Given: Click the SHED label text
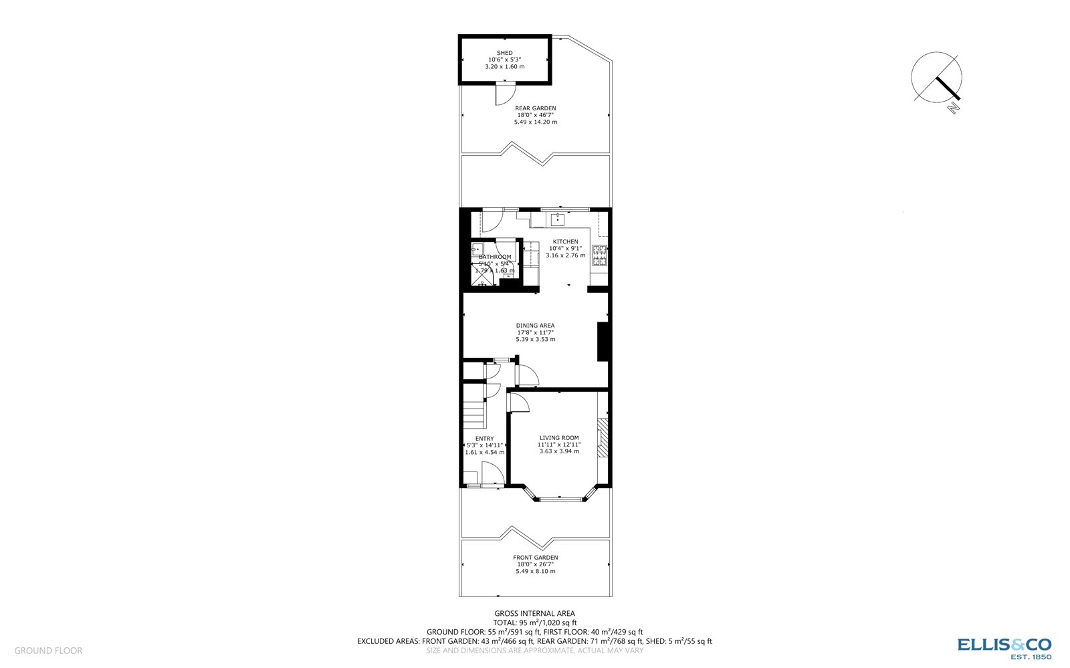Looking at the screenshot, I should (x=504, y=53).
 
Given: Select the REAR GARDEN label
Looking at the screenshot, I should (x=535, y=108).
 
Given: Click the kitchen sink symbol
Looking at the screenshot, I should (x=557, y=220).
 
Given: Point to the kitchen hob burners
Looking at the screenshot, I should (x=599, y=255).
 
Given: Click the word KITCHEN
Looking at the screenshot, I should (x=565, y=241).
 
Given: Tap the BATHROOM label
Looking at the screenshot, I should (x=495, y=257).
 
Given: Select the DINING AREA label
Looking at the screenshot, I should (x=535, y=326).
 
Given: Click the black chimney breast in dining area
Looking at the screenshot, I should (x=603, y=342).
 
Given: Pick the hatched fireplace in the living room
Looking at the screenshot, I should (x=603, y=438).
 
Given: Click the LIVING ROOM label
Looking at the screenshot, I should (x=559, y=438).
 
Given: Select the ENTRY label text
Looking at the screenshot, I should (x=484, y=439).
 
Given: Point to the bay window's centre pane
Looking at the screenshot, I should (x=560, y=498).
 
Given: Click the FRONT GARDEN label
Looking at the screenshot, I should (x=535, y=557).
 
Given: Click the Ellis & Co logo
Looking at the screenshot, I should (x=1004, y=647).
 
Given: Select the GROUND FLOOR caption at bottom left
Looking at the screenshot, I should (x=48, y=651).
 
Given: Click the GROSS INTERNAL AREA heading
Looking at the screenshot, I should (x=534, y=613).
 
